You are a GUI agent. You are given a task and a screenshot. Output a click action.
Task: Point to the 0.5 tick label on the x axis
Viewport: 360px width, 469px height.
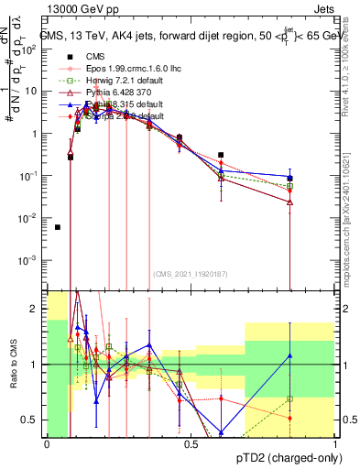[x=191, y=444]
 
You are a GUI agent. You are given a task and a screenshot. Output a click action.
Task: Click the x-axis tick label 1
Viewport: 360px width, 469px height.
[x=334, y=444]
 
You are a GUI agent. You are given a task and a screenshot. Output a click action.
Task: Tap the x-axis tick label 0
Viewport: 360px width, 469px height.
[x=47, y=444]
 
